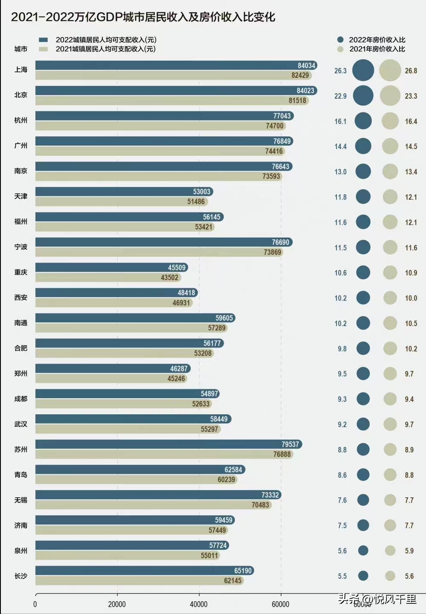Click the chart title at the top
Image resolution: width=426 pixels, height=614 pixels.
143,17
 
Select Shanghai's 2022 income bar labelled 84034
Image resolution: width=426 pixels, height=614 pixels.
176,65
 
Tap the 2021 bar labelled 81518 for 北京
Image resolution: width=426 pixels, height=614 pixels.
172,100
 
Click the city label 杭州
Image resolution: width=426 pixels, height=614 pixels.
21,120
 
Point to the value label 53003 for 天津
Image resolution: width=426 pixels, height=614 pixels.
201,192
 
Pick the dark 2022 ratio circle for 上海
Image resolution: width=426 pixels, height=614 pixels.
363,70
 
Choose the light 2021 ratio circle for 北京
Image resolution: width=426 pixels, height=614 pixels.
390,96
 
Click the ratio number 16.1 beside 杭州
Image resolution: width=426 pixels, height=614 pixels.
340,121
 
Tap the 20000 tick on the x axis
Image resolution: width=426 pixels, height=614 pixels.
117,604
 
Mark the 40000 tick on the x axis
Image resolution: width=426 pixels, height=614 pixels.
199,604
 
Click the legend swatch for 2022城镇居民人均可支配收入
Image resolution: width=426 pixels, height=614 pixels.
43,40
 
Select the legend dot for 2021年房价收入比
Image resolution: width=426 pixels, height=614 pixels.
340,49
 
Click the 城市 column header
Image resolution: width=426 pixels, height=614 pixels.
21,49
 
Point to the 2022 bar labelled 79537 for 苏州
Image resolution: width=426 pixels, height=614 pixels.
169,444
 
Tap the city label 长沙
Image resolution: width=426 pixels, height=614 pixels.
21,576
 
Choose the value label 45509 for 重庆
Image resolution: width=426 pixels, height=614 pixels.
177,267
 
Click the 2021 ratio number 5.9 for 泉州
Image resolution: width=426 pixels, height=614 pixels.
409,551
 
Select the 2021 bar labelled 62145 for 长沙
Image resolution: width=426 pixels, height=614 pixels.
140,580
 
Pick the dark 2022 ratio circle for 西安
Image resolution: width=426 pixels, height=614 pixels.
363,298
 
